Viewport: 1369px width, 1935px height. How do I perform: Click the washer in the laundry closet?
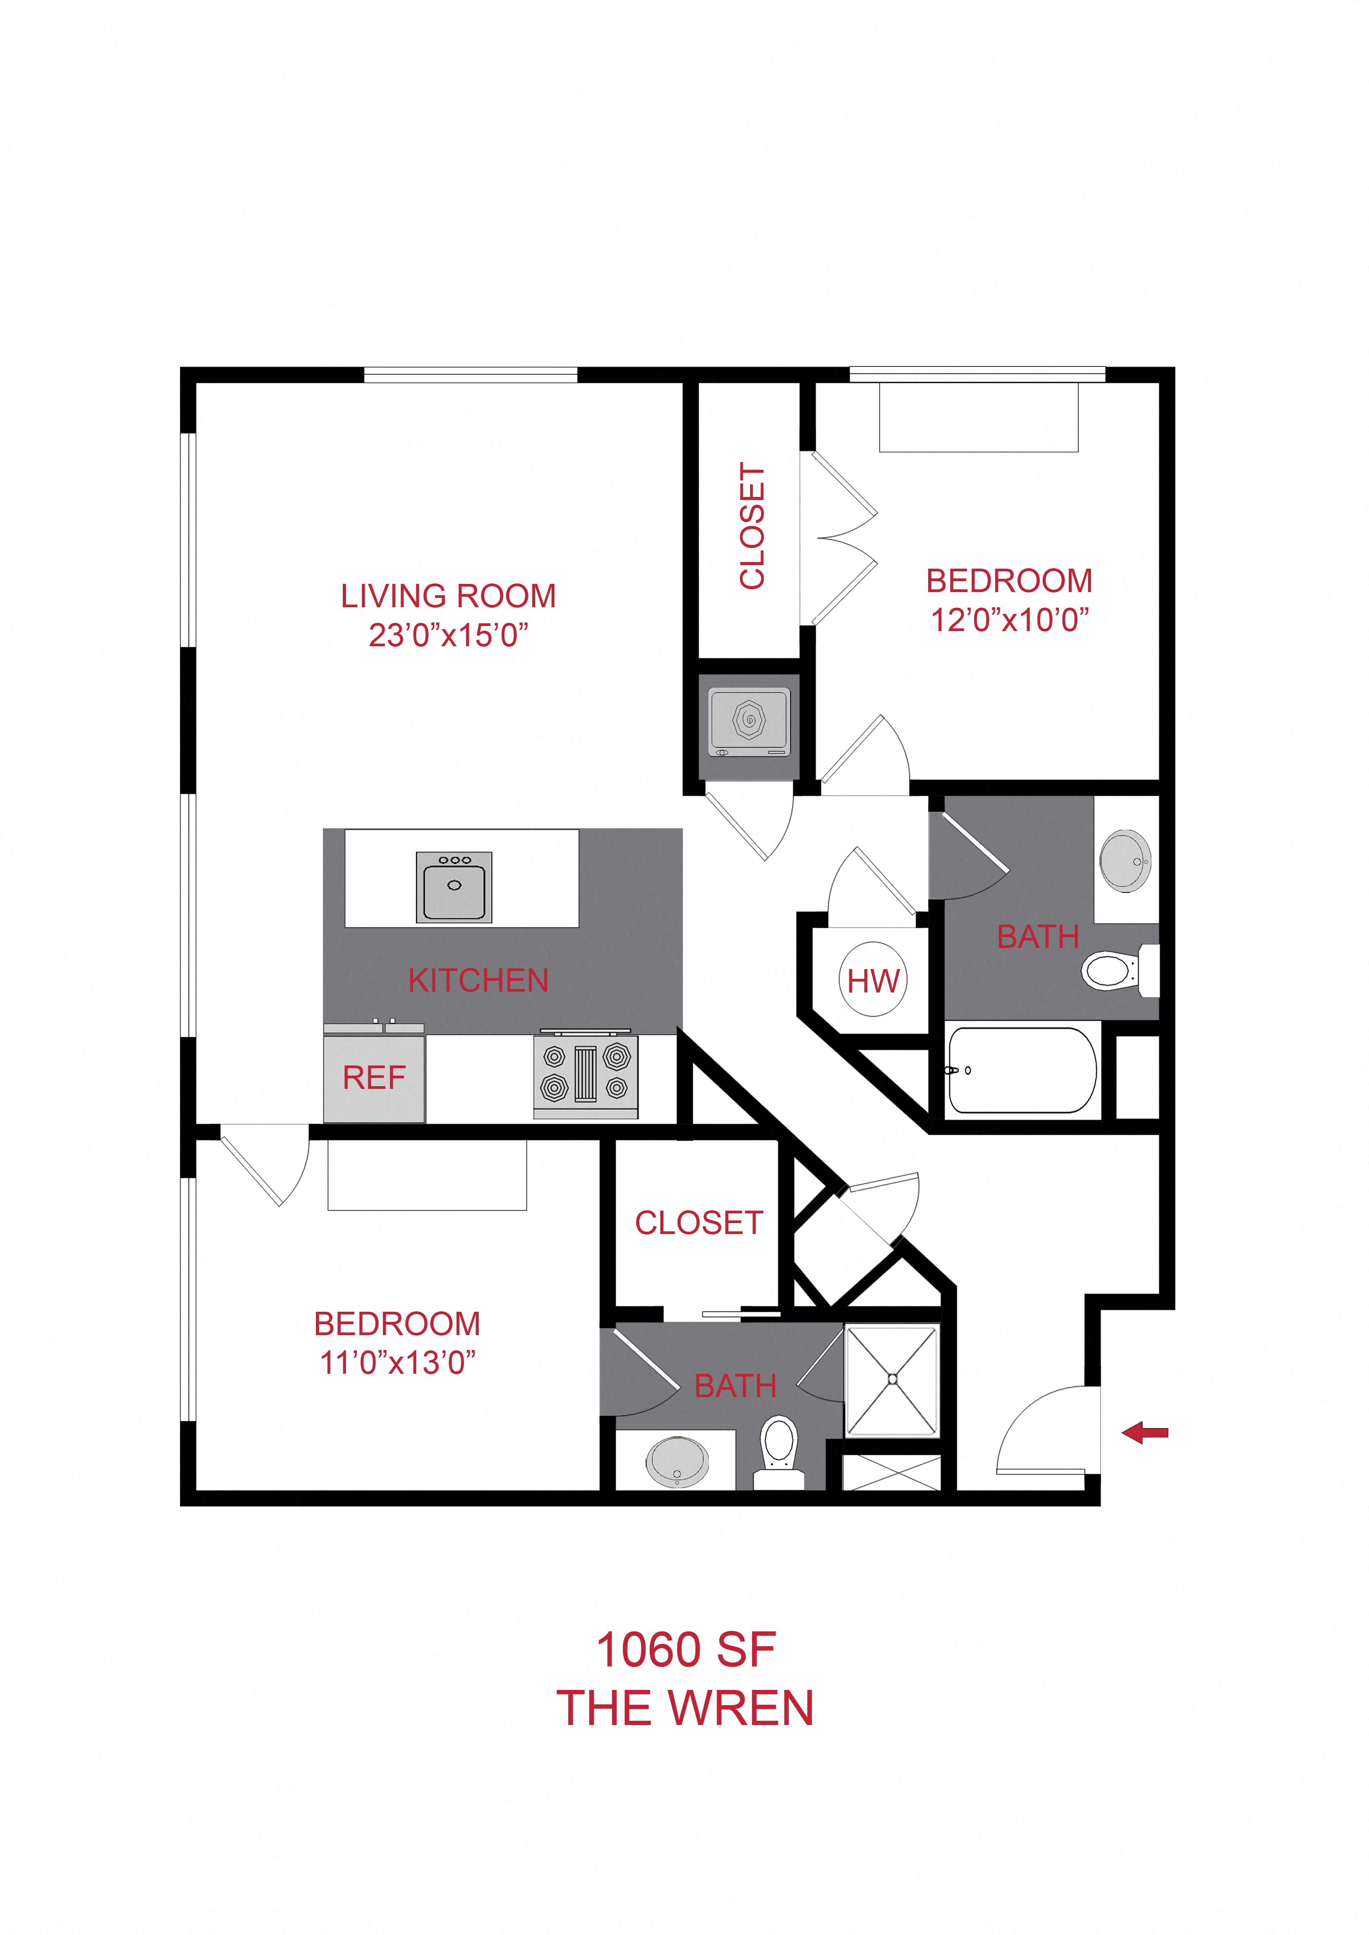[749, 722]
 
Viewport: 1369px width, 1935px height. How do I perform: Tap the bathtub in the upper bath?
[1022, 1070]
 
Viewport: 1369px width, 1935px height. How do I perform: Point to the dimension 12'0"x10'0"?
[1009, 619]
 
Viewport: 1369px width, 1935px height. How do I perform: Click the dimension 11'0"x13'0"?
[397, 1363]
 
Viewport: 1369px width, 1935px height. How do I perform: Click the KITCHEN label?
[478, 980]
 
